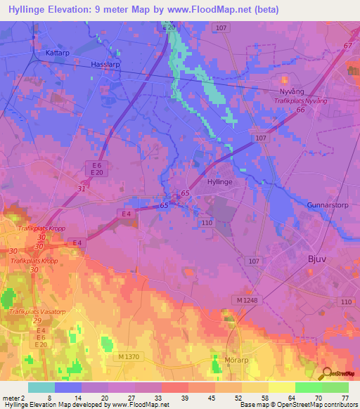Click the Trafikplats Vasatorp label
pos(37,311)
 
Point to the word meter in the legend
pos(11,397)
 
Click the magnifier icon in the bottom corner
pos(326,374)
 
